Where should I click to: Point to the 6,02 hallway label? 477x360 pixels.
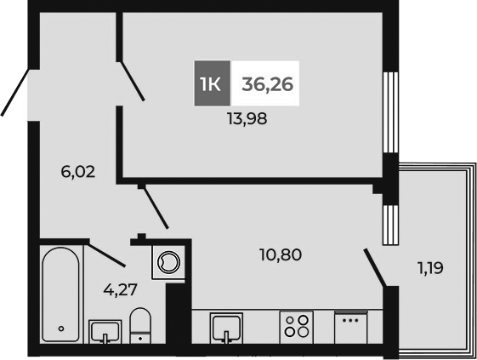coord(77,171)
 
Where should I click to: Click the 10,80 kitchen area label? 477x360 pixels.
coord(281,254)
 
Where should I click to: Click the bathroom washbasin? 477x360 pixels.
coord(105,331)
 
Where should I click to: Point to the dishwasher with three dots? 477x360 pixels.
coord(350,328)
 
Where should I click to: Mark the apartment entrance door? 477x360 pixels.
coord(14,91)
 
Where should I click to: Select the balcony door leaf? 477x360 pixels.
coord(376,267)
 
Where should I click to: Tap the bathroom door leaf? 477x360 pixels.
coord(106,253)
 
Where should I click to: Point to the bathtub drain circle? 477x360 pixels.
coord(60,328)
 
